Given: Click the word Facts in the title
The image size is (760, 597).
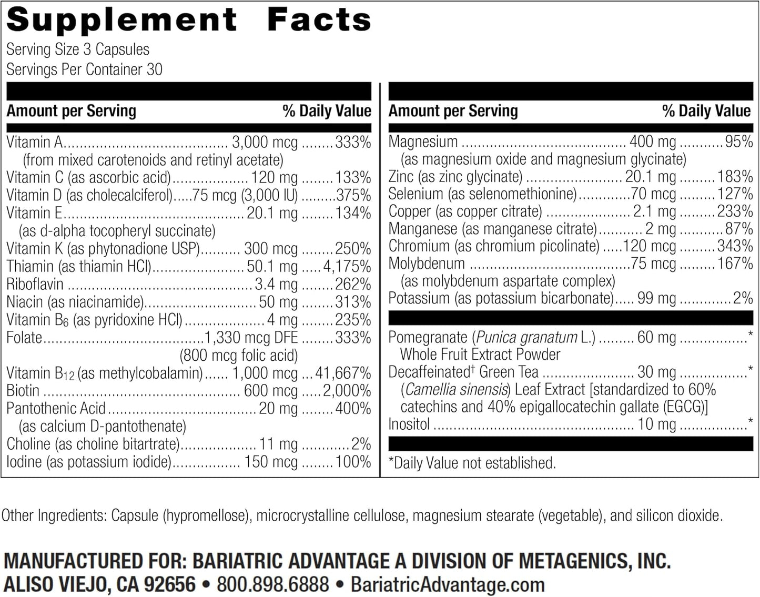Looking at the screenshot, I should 319,20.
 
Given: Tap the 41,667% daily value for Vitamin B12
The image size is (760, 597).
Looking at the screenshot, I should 343,373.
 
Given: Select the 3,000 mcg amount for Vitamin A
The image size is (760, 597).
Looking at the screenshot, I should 265,142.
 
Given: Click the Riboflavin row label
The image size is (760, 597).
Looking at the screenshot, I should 35,284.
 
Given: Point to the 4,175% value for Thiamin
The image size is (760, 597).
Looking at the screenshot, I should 347,266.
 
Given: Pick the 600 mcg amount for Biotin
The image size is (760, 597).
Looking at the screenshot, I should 271,391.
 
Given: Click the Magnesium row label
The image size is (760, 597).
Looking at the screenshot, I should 423,141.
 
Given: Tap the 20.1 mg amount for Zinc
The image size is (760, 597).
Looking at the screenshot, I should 651,177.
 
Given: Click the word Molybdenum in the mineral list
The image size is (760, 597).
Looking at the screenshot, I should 427,264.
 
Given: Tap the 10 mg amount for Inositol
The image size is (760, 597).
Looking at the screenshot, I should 656,424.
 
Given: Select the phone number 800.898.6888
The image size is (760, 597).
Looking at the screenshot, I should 272,584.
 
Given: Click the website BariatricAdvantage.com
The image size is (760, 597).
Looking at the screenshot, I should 448,584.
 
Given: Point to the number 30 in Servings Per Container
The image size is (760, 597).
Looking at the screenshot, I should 154,69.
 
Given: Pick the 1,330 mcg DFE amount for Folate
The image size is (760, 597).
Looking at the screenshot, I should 250,337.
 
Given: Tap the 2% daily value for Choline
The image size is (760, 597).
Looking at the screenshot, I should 361,444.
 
